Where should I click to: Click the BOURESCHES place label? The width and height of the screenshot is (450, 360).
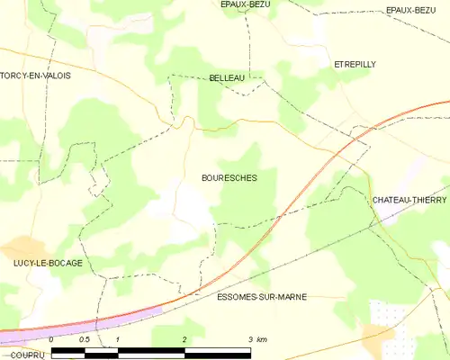(229, 178)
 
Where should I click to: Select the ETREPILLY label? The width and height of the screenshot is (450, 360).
(353, 65)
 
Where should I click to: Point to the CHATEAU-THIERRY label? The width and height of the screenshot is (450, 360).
(409, 199)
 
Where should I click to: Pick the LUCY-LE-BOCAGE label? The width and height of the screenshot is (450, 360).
(48, 263)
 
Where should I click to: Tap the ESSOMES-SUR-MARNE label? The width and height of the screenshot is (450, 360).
(262, 296)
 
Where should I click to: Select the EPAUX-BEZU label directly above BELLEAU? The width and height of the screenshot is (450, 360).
(246, 4)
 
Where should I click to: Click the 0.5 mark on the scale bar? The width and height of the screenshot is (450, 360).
(84, 339)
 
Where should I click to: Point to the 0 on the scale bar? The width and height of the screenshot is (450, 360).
(51, 339)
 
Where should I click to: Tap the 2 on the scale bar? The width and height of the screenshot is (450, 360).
(184, 339)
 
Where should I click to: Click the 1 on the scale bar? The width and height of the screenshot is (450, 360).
(118, 339)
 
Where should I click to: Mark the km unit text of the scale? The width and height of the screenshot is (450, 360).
(262, 339)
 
